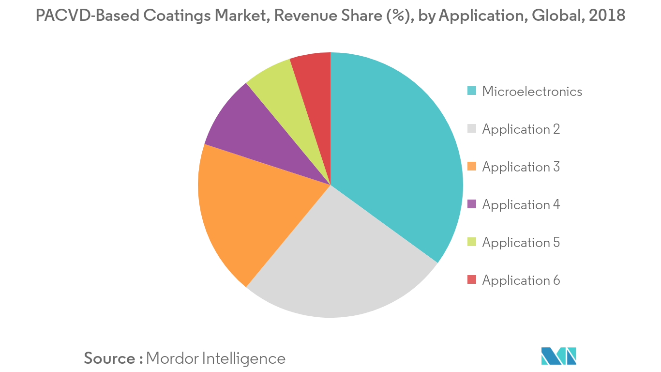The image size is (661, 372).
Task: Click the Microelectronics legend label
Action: (532, 91)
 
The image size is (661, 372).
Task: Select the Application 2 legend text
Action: (521, 129)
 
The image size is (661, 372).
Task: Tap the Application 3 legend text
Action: (521, 167)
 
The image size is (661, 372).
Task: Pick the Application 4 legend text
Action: (521, 204)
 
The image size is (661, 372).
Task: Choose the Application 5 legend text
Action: (521, 242)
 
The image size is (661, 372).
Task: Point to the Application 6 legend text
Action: (521, 280)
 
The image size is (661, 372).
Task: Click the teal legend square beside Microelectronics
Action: (472, 91)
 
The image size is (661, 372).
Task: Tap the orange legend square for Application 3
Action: (472, 166)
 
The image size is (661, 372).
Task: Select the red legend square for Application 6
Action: (472, 279)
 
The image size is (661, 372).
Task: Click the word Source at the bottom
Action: (110, 358)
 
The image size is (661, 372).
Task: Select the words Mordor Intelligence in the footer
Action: (215, 358)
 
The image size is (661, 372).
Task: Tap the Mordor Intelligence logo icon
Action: (559, 356)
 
